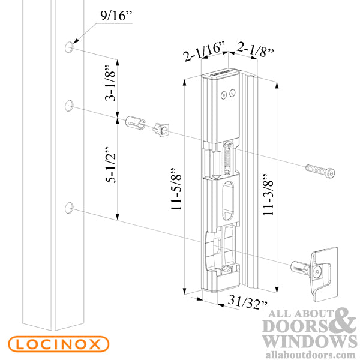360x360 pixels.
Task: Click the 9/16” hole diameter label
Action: (x=116, y=16)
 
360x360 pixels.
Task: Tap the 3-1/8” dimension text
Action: (x=110, y=83)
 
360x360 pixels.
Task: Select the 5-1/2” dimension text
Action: (x=110, y=164)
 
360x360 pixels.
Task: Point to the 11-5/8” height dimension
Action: (x=176, y=189)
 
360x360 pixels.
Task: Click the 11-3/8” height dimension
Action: (x=268, y=194)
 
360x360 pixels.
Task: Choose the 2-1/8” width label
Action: (x=255, y=49)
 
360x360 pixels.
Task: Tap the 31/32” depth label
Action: (x=247, y=302)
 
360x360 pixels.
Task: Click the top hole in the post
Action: (x=69, y=47)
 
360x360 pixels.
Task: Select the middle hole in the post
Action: (x=69, y=106)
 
